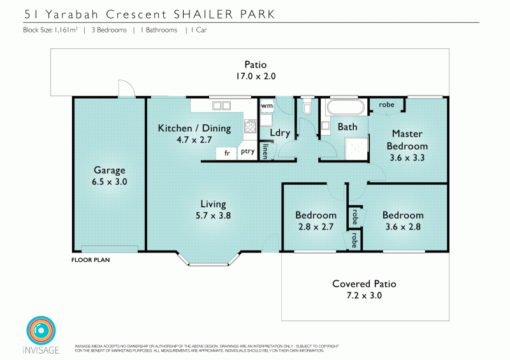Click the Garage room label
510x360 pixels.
pyautogui.click(x=109, y=170)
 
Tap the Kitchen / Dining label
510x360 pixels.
pyautogui.click(x=194, y=128)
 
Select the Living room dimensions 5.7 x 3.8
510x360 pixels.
pyautogui.click(x=213, y=215)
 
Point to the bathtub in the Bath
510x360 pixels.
pyautogui.click(x=345, y=106)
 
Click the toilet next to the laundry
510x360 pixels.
pyautogui.click(x=307, y=108)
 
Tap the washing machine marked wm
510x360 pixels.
pyautogui.click(x=267, y=105)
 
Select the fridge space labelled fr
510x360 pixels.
pyautogui.click(x=226, y=153)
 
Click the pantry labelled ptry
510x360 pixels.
pyautogui.click(x=247, y=152)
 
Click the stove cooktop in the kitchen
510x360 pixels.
pyautogui.click(x=250, y=126)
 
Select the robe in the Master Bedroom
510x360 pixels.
pyautogui.click(x=386, y=104)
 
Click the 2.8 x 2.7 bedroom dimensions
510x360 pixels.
pyautogui.click(x=316, y=226)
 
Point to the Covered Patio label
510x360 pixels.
pyautogui.click(x=365, y=284)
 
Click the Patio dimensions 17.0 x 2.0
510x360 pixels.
pyautogui.click(x=255, y=75)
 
